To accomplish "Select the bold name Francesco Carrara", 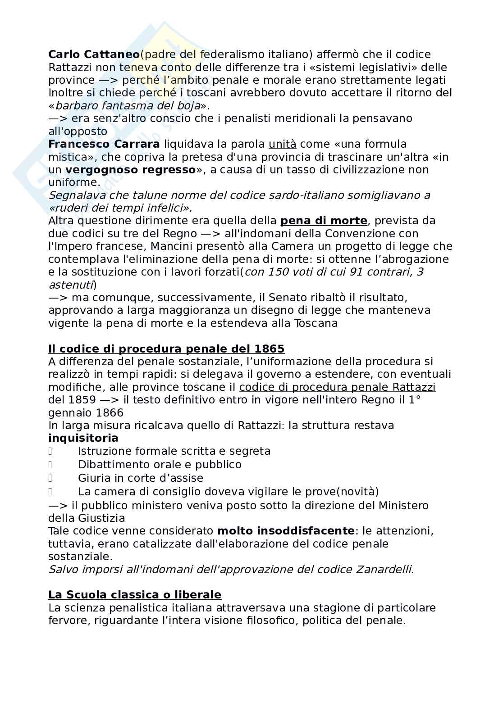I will (x=104, y=144).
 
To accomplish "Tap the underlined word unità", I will (x=282, y=144).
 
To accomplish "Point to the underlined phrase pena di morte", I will (x=324, y=221).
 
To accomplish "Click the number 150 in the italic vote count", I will (x=276, y=272).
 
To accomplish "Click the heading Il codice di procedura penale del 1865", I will (x=166, y=349).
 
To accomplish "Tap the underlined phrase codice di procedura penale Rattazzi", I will (x=337, y=387).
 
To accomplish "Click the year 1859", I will (x=82, y=400).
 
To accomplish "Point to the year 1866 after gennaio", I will (x=110, y=413).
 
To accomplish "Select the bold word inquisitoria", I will (x=83, y=438).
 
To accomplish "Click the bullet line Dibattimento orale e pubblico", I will (x=160, y=465).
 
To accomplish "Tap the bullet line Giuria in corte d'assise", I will (x=140, y=478).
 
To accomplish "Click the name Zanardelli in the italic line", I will (x=384, y=569).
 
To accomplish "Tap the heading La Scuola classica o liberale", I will (x=134, y=595).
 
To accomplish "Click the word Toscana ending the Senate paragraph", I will (x=315, y=323).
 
